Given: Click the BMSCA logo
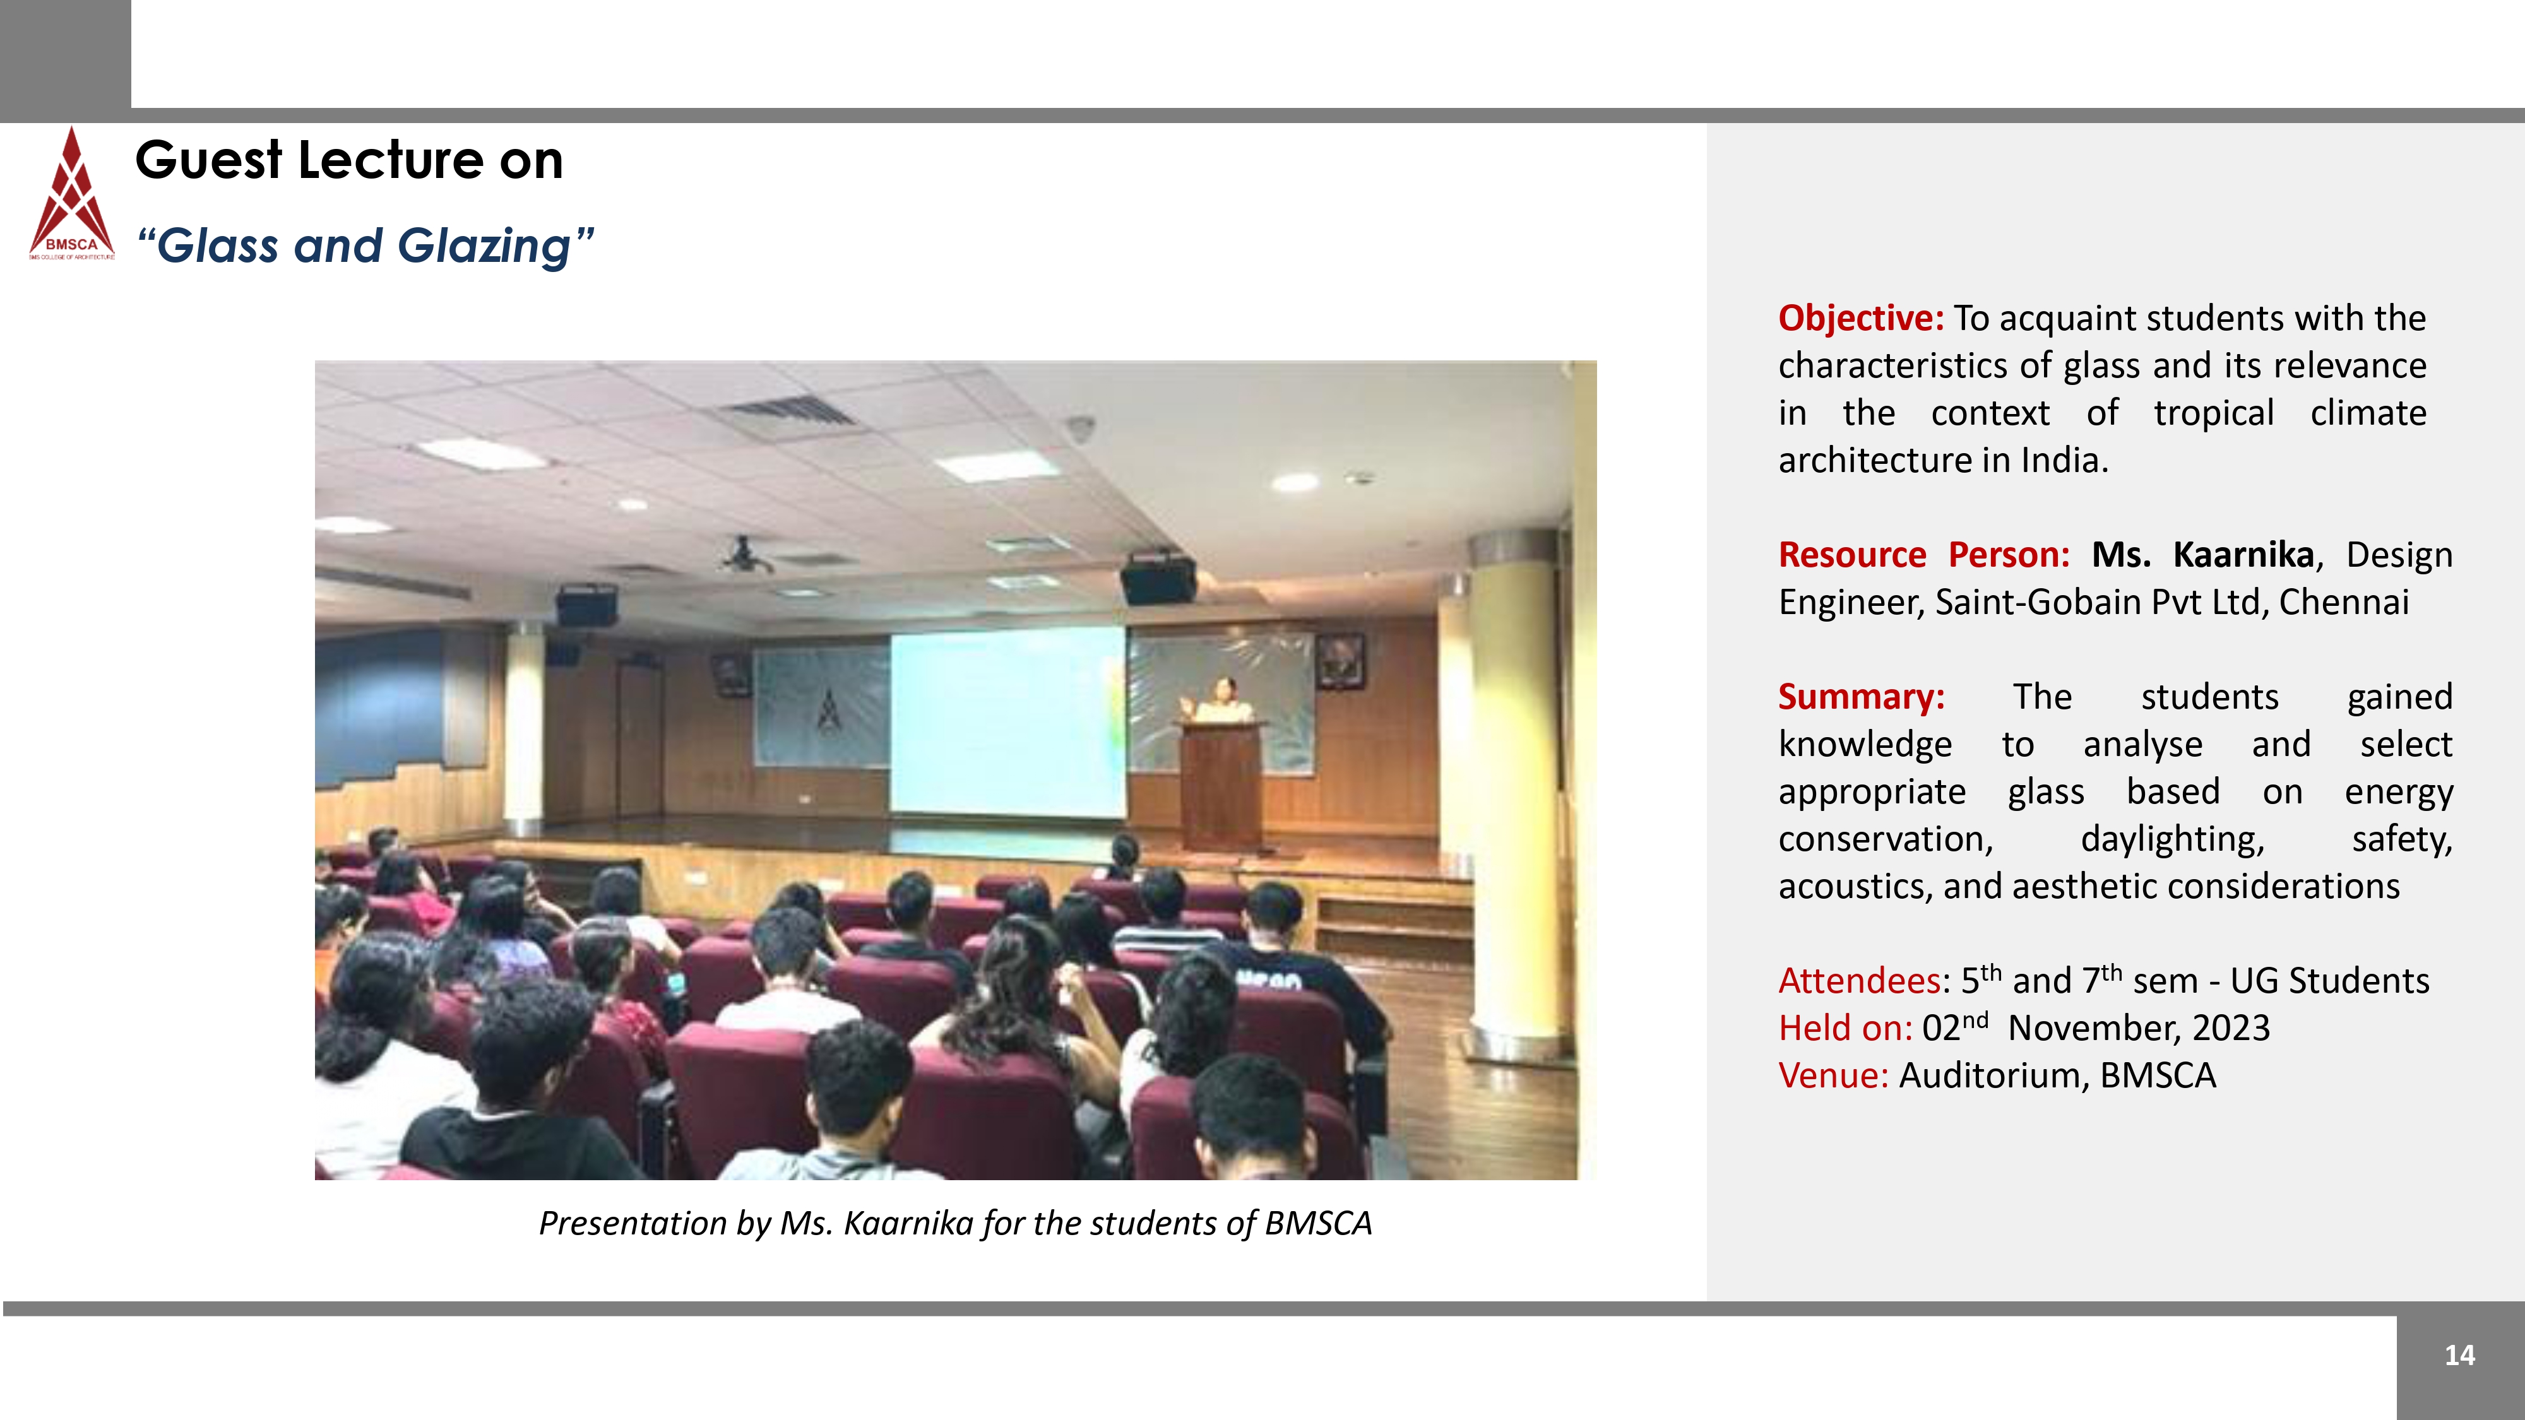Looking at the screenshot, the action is [x=71, y=193].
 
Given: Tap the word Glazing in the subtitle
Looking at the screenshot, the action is [x=484, y=247].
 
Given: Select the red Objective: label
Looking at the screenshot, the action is [x=1860, y=319].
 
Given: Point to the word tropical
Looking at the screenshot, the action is [x=2213, y=413].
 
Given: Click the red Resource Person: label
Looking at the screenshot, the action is [x=1923, y=555].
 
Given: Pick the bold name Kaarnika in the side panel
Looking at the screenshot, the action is [x=2243, y=555].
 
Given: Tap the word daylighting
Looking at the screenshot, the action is [x=2172, y=840].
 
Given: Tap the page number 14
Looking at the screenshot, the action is [x=2459, y=1356].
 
